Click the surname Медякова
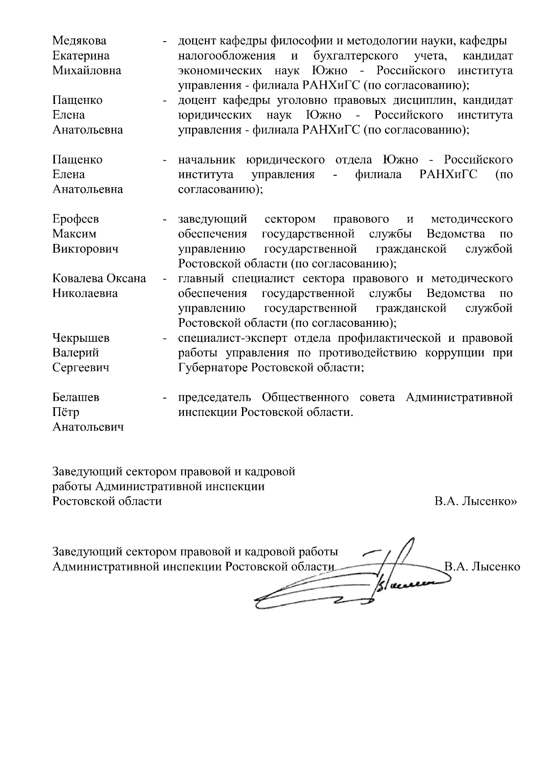tap(79, 41)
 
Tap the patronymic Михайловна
tap(87, 70)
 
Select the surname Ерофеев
tap(75, 219)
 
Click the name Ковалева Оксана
tap(99, 279)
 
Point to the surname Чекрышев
tap(81, 338)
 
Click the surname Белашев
tap(76, 398)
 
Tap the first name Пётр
tap(66, 412)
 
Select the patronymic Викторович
tap(85, 249)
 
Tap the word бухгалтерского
tap(355, 56)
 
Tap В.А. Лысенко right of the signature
tap(483, 567)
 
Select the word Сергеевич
tap(81, 368)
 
